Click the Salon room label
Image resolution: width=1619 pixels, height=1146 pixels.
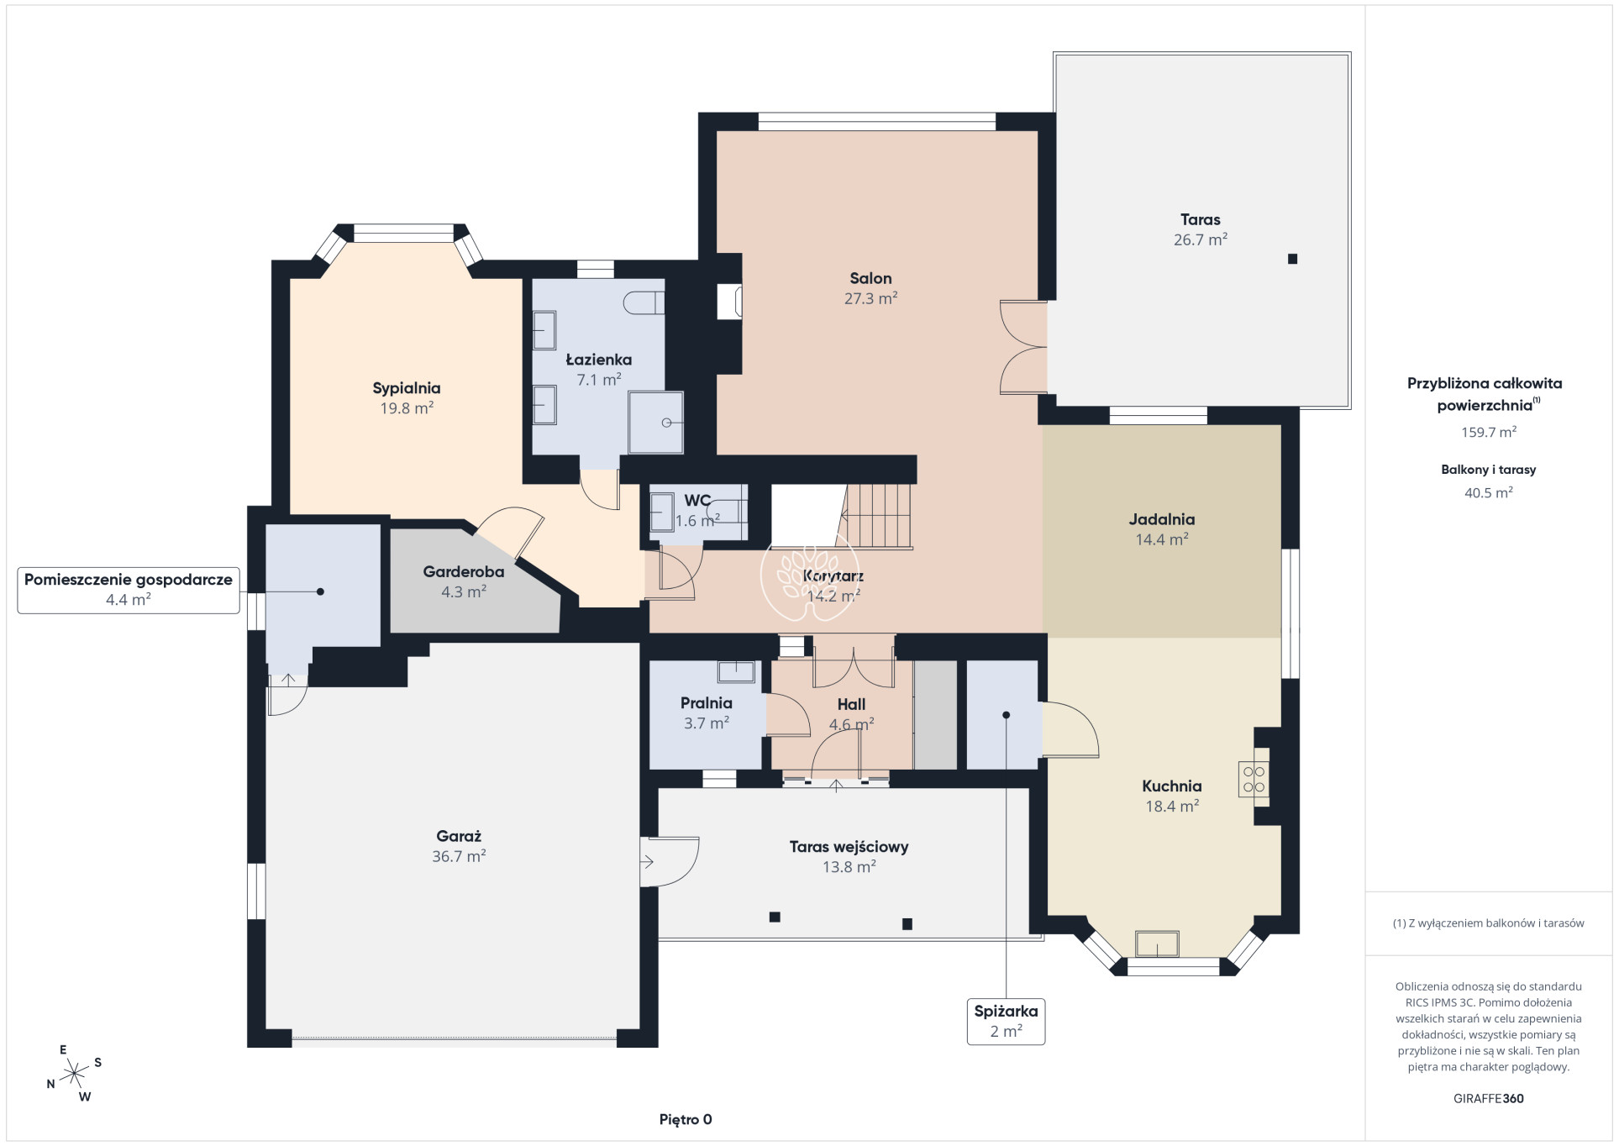click(870, 278)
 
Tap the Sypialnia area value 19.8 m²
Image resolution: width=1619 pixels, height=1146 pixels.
click(407, 408)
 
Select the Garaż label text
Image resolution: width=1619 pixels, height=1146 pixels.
click(459, 836)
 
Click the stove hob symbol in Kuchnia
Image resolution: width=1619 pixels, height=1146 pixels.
click(1254, 779)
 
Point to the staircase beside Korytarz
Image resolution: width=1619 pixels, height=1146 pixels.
click(878, 516)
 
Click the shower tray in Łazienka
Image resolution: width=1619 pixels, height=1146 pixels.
click(656, 422)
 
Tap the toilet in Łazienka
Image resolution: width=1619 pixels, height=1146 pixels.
click(645, 302)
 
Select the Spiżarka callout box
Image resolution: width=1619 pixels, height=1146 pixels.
click(1006, 1021)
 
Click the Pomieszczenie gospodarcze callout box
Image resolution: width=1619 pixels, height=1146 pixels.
click(129, 590)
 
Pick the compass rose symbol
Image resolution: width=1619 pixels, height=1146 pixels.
click(75, 1073)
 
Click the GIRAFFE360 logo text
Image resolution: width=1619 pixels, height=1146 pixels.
click(1488, 1098)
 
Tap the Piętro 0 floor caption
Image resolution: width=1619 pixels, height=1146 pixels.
click(686, 1119)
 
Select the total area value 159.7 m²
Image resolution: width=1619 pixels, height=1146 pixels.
click(1488, 432)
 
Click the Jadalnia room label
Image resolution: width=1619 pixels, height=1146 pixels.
click(1161, 519)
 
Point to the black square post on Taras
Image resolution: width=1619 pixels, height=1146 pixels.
click(1292, 259)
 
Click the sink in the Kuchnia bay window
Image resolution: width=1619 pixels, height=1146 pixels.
click(1156, 944)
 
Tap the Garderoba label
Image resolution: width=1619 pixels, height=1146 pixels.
click(464, 571)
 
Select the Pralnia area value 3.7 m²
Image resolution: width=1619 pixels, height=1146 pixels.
click(707, 723)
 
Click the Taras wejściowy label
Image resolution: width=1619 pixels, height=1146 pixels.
click(849, 847)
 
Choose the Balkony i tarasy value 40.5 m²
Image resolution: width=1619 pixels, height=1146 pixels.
click(1488, 492)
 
